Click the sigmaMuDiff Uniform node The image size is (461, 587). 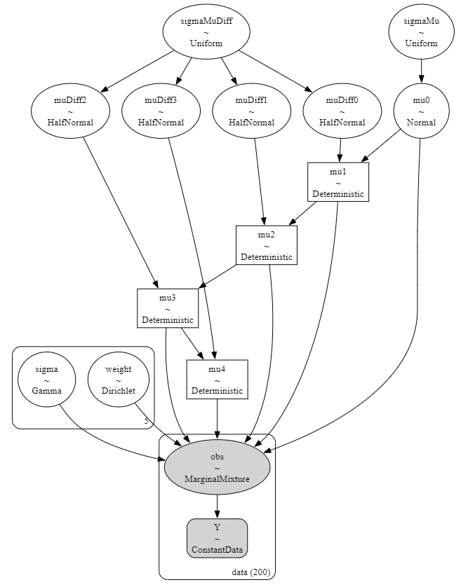click(x=206, y=32)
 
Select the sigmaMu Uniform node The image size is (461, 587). click(x=421, y=32)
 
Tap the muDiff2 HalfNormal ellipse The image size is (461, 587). click(x=71, y=111)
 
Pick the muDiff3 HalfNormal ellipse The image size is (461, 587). click(x=161, y=111)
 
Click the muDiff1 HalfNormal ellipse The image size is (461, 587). click(x=252, y=111)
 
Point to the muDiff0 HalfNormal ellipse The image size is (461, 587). click(x=342, y=111)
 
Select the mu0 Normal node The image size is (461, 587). click(x=421, y=111)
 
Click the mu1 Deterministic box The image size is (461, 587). click(x=338, y=182)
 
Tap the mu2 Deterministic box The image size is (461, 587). click(x=267, y=245)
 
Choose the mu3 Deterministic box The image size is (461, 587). click(x=168, y=308)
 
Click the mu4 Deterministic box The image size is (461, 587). click(x=218, y=379)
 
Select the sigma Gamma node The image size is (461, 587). click(x=46, y=380)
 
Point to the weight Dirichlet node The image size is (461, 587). click(x=119, y=380)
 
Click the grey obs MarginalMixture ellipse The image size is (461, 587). click(x=218, y=467)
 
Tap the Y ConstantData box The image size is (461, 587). click(x=218, y=539)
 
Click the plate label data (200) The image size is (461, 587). click(x=251, y=572)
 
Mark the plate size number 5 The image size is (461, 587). click(x=146, y=421)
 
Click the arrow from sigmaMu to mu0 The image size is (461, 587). click(x=421, y=71)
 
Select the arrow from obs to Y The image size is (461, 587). click(x=218, y=506)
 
